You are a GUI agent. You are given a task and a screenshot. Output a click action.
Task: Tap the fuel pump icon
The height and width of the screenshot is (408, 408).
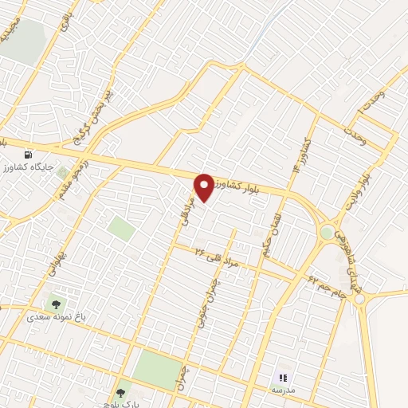tap(29, 154)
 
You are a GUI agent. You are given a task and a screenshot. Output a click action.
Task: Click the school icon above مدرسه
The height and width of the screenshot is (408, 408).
tap(282, 377)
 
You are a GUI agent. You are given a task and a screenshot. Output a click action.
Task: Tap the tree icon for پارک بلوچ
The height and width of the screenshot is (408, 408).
tap(121, 392)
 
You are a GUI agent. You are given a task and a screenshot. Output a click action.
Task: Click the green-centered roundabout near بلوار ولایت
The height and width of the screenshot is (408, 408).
tap(327, 233)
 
